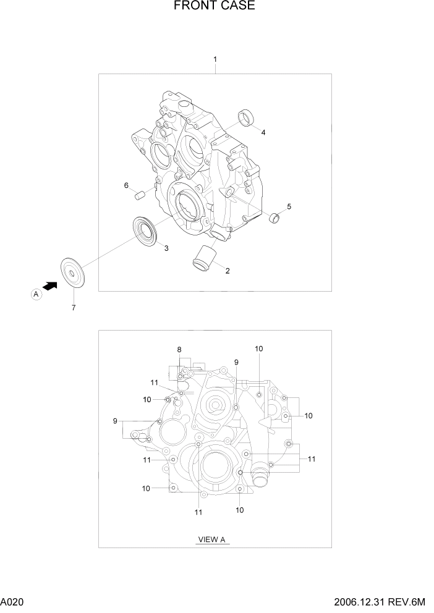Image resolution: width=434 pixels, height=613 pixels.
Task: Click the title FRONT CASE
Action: tap(215, 7)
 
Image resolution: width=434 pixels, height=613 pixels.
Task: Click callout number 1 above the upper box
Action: tap(215, 59)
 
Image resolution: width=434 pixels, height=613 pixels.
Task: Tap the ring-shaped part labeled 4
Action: tap(247, 117)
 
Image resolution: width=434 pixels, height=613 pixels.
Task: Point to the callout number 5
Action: tap(289, 206)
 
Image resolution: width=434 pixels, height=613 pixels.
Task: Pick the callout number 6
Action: tap(126, 185)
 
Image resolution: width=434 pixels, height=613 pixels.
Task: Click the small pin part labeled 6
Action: tap(140, 196)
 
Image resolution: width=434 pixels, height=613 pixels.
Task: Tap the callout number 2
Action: tap(228, 271)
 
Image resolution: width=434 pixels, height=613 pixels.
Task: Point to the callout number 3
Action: tap(166, 248)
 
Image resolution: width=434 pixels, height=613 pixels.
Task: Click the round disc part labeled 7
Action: tap(74, 273)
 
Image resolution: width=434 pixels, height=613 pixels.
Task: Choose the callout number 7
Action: tap(74, 308)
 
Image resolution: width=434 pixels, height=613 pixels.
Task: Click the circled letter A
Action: tap(36, 295)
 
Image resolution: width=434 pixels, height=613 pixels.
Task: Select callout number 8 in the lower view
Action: tap(179, 350)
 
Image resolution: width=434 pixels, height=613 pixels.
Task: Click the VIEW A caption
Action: tap(211, 539)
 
